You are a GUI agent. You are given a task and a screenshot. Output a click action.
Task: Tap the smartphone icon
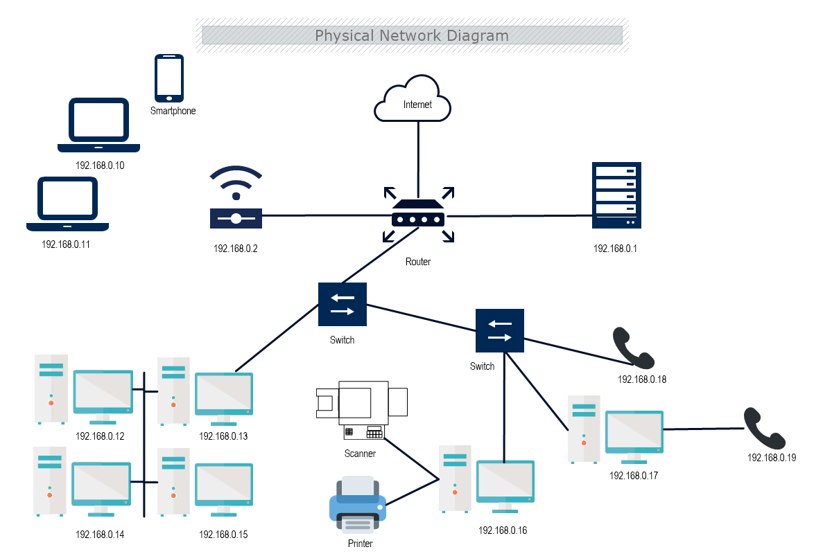pos(168,78)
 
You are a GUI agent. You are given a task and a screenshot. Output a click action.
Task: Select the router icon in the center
pos(417,215)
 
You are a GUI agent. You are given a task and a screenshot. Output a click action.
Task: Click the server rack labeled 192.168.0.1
pos(616,195)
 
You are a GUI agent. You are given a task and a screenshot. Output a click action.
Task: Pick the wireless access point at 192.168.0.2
pos(236,208)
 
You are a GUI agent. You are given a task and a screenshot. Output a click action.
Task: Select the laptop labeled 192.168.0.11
pos(67,204)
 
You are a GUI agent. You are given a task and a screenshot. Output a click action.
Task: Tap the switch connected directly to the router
pos(343,305)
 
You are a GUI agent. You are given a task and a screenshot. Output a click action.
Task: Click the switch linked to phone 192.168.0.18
pos(500,331)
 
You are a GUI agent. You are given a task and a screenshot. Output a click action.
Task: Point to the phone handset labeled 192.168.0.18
pos(633,348)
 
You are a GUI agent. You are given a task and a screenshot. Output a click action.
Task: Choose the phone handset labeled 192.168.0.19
pos(764,428)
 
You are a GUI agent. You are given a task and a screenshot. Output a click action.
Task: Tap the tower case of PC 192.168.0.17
pos(584,429)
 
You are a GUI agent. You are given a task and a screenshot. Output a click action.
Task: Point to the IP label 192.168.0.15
pos(223,535)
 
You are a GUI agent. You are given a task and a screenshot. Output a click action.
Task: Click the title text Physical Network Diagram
pos(412,35)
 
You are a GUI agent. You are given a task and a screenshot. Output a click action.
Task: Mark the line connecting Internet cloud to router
pos(418,156)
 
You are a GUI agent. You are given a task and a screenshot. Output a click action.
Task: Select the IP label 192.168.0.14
pos(100,535)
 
